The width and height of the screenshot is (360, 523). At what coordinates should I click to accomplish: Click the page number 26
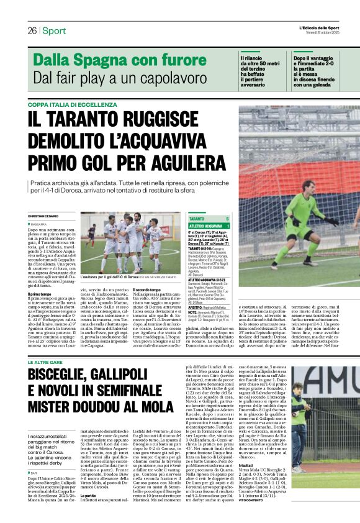32,30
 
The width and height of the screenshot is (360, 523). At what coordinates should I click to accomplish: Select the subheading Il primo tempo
40,294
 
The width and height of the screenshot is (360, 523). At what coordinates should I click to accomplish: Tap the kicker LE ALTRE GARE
46,344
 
